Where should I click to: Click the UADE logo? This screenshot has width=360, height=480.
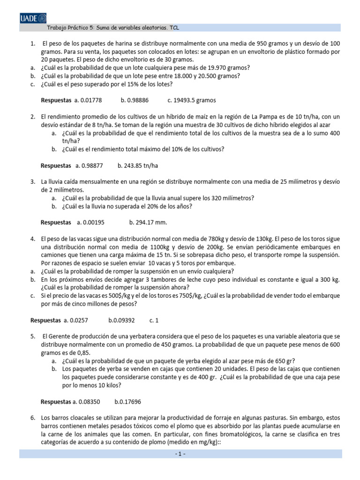(x=33, y=18)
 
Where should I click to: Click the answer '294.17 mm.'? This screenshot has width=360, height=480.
(x=151, y=222)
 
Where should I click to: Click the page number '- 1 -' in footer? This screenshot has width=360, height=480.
(x=180, y=454)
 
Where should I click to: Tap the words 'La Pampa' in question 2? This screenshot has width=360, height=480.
(x=265, y=117)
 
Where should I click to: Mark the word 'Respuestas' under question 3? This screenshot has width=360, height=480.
(x=56, y=222)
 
